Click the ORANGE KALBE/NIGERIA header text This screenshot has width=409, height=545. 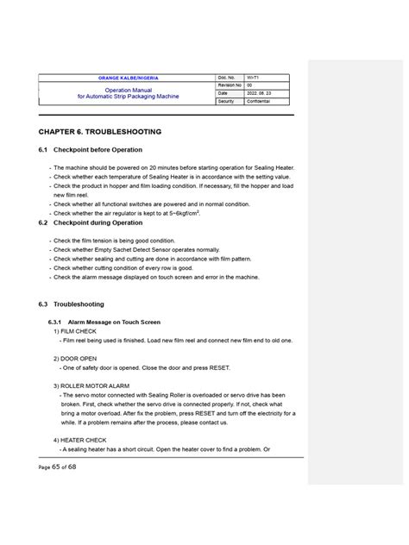pos(128,78)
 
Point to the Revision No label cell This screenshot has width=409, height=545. pos(229,86)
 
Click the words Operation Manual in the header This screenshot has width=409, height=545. pos(128,90)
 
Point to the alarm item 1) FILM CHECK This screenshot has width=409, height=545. pos(75,331)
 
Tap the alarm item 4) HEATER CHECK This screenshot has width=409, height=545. pos(79,440)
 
